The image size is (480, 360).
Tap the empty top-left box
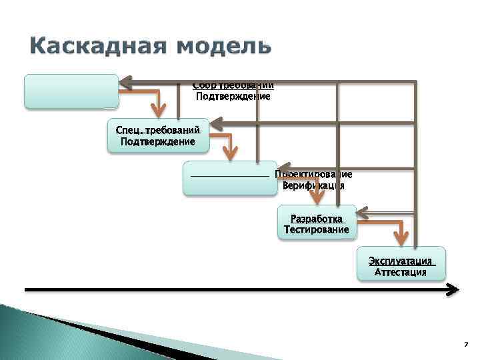pyautogui.click(x=71, y=91)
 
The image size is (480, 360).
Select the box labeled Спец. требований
pyautogui.click(x=158, y=135)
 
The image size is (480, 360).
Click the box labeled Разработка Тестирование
pyautogui.click(x=317, y=223)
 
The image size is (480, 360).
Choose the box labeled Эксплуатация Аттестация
pyautogui.click(x=402, y=266)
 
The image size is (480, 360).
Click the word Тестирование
pyautogui.click(x=317, y=229)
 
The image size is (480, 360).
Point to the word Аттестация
pyautogui.click(x=401, y=272)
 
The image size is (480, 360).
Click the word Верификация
pyautogui.click(x=313, y=186)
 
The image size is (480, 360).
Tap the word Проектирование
pyautogui.click(x=313, y=174)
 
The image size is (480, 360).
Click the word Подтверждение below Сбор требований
pyautogui.click(x=233, y=97)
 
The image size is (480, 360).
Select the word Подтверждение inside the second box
pyautogui.click(x=158, y=141)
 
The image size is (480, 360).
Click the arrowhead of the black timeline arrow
pyautogui.click(x=453, y=289)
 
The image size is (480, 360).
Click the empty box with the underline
pyautogui.click(x=230, y=177)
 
